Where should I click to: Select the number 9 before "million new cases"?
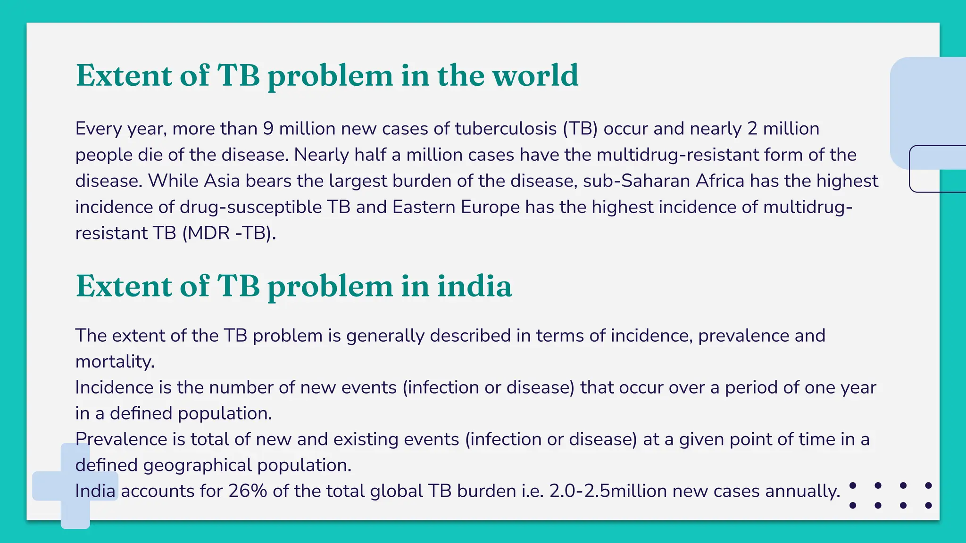click(x=268, y=129)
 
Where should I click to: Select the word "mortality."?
click(x=115, y=362)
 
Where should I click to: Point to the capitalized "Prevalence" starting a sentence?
click(x=121, y=439)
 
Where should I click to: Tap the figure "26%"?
click(x=248, y=491)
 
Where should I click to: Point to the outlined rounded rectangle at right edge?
click(x=938, y=169)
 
